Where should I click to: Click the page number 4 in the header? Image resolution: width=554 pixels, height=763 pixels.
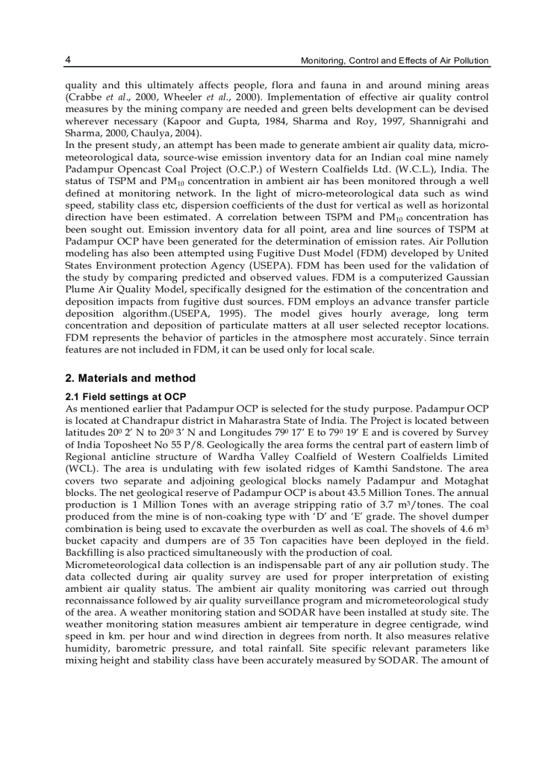(x=68, y=60)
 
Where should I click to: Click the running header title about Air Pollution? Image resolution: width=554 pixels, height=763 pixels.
(x=394, y=60)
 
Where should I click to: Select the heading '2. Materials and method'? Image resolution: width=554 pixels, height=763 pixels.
(x=130, y=378)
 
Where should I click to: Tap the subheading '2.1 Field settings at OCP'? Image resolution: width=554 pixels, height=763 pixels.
(x=126, y=396)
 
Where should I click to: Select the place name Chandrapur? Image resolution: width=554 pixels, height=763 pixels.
(x=146, y=421)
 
